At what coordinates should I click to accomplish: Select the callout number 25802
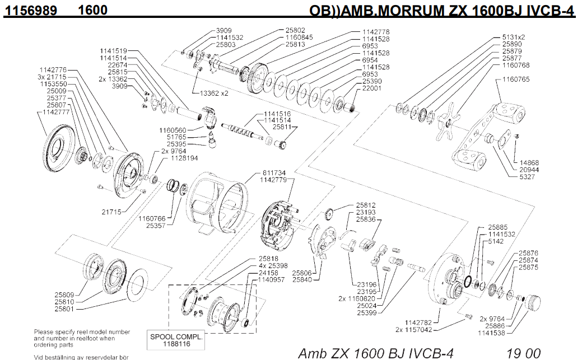click(295, 30)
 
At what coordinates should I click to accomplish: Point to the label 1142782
click(418, 322)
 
